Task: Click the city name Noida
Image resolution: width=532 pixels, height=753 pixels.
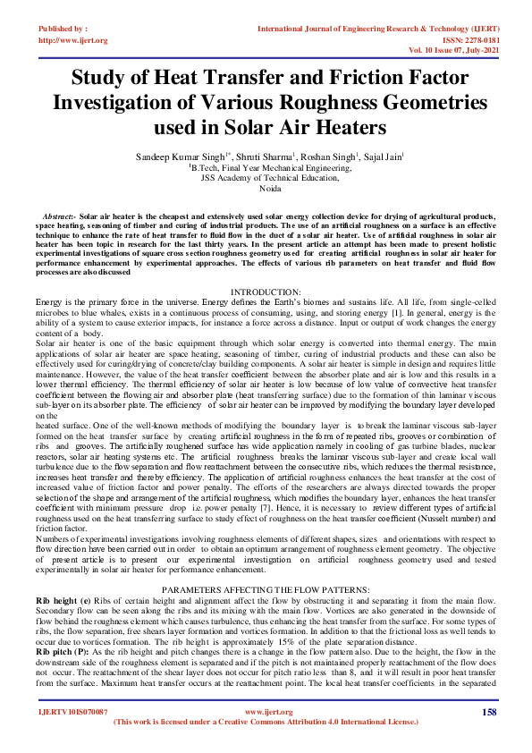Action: pos(266,190)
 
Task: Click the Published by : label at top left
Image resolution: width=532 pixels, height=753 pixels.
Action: pos(63,29)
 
